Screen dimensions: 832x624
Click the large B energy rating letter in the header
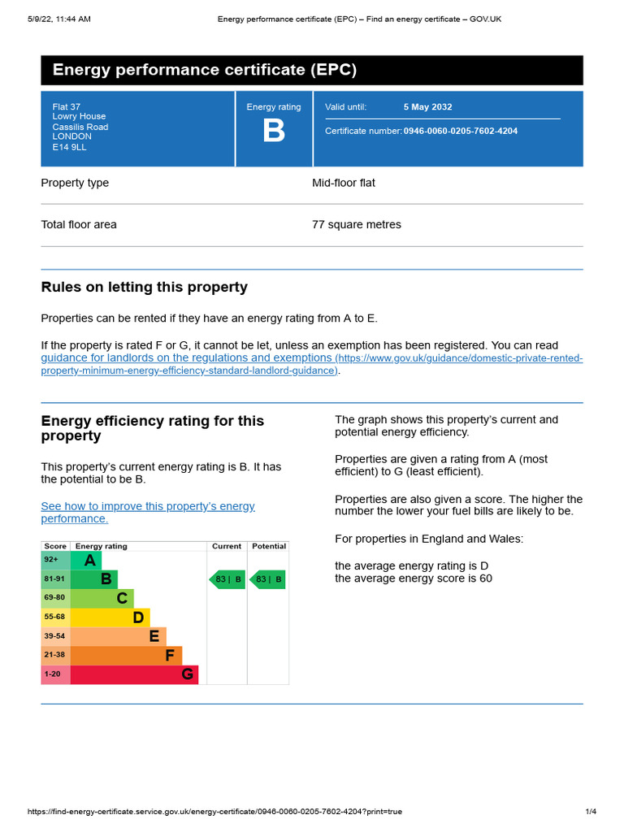tap(274, 132)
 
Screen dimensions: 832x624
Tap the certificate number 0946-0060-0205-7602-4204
tap(460, 131)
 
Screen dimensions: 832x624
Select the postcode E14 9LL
tap(69, 147)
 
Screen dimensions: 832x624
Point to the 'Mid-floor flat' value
tap(343, 183)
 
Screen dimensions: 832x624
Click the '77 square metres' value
tap(356, 224)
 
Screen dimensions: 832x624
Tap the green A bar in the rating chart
tap(86, 561)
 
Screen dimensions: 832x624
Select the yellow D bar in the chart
tap(110, 617)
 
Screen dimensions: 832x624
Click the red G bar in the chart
tap(134, 674)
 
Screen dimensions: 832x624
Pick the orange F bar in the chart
tap(126, 655)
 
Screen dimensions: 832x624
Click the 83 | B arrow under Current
tap(227, 579)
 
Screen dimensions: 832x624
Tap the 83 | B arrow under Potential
tap(267, 579)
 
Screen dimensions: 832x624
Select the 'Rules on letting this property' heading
tap(144, 288)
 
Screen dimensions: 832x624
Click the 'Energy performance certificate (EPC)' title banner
tap(311, 70)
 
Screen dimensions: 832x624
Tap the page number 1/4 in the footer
tap(591, 812)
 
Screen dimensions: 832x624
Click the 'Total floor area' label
tap(79, 224)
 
